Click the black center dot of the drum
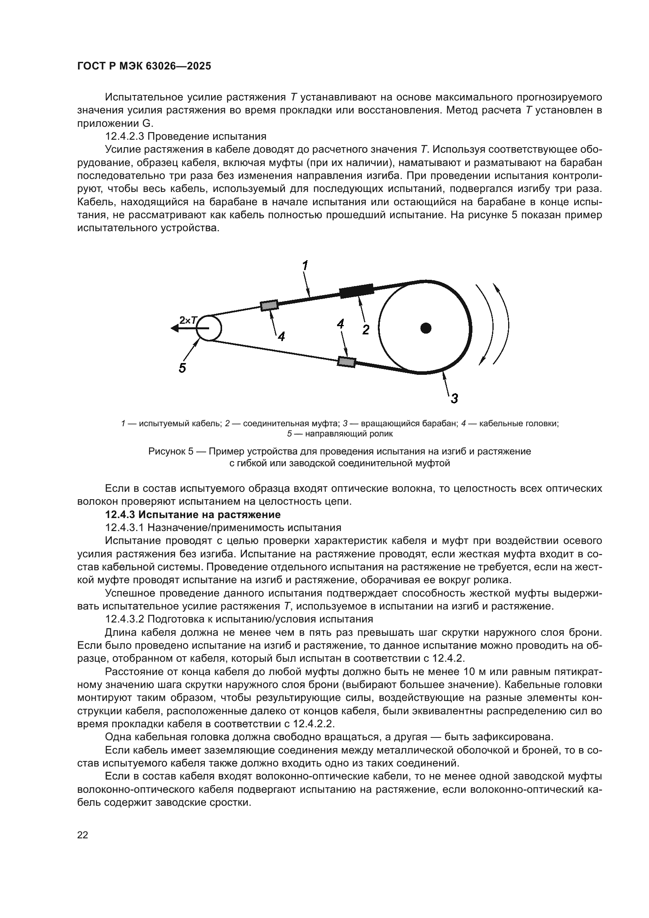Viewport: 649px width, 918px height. tap(426, 328)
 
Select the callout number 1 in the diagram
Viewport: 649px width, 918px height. tap(305, 265)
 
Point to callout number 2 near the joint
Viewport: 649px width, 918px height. tap(366, 330)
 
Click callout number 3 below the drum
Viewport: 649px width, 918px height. tap(454, 398)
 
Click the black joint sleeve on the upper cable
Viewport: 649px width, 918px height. tap(356, 291)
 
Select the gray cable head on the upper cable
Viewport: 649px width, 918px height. tap(269, 305)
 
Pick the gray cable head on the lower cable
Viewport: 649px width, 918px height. tap(346, 361)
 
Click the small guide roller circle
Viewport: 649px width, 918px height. tap(209, 328)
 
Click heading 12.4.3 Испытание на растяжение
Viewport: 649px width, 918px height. tap(193, 514)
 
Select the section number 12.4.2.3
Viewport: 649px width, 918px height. tap(124, 136)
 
